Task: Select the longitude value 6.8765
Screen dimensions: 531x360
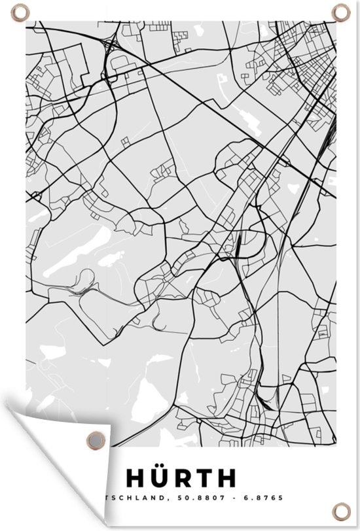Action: click(266, 498)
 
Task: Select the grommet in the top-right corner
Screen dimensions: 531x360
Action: click(340, 12)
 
